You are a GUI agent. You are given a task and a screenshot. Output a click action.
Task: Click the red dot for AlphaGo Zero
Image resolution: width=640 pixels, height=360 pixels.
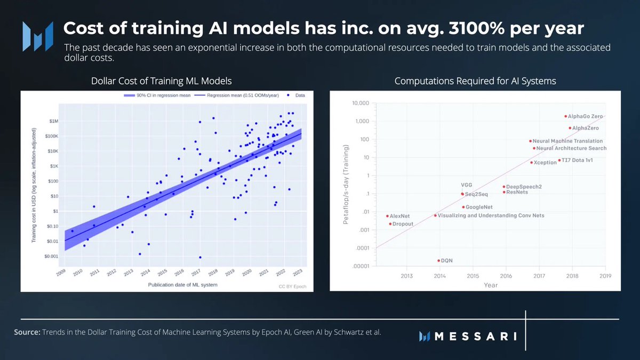click(566, 116)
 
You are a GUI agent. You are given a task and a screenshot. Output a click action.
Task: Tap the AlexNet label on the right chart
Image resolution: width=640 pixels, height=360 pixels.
click(399, 216)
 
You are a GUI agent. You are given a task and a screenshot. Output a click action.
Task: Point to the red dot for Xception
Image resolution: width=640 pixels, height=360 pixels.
click(531, 162)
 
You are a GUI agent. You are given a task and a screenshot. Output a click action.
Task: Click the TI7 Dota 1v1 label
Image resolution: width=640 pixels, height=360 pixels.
click(578, 160)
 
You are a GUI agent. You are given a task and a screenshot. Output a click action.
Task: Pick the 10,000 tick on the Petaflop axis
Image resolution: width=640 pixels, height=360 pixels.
click(361, 103)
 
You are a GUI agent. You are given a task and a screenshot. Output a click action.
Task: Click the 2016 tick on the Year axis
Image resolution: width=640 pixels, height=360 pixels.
click(506, 276)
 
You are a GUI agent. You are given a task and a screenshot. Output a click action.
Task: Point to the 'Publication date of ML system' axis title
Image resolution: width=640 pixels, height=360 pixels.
click(182, 285)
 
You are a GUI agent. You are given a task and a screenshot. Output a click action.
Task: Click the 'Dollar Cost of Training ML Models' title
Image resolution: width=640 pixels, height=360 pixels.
click(161, 81)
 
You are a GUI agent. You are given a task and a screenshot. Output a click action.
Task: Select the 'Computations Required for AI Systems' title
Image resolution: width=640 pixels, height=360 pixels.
click(475, 81)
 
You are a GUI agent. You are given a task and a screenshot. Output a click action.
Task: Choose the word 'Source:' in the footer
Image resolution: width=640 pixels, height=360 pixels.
click(27, 332)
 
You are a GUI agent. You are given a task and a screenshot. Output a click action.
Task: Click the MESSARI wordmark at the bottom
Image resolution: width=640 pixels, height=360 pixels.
click(475, 336)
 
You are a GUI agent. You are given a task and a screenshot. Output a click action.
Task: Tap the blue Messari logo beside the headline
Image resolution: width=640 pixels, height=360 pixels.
click(37, 36)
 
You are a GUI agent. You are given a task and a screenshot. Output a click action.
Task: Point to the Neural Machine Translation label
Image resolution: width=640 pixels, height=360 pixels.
click(567, 141)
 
